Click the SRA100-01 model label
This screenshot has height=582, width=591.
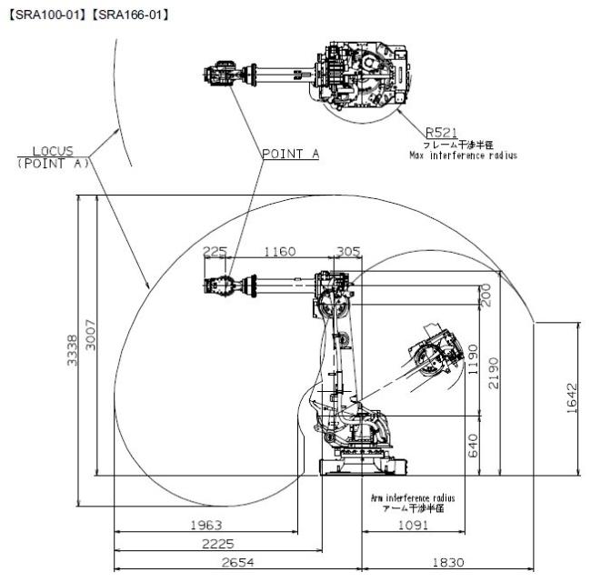coord(48,15)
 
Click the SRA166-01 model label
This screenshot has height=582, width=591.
coord(131,15)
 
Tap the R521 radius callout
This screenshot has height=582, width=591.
coord(441,133)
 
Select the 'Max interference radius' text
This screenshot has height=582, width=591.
coord(463,156)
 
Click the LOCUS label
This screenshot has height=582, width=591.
coord(53,151)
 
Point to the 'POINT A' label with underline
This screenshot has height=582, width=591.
coord(291,154)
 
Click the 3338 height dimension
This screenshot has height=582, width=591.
coord(72,350)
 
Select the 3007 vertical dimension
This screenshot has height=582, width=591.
coord(90,335)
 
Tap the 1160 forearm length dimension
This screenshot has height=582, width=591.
coord(280,251)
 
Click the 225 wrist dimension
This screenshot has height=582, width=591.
coord(215,251)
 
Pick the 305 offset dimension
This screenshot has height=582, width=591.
coord(348,251)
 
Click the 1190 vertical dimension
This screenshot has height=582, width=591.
coord(473,359)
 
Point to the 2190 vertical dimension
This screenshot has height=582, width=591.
coord(494,373)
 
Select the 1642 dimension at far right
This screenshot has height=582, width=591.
coord(572,398)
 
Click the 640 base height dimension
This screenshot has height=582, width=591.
coord(473,446)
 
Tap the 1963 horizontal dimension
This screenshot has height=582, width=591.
coord(206,525)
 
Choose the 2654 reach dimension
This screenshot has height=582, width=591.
coord(238,562)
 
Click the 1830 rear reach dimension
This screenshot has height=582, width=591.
coord(447,562)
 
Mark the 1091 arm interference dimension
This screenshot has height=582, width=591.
coord(413,525)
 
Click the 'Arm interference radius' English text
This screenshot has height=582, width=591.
coord(413,498)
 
